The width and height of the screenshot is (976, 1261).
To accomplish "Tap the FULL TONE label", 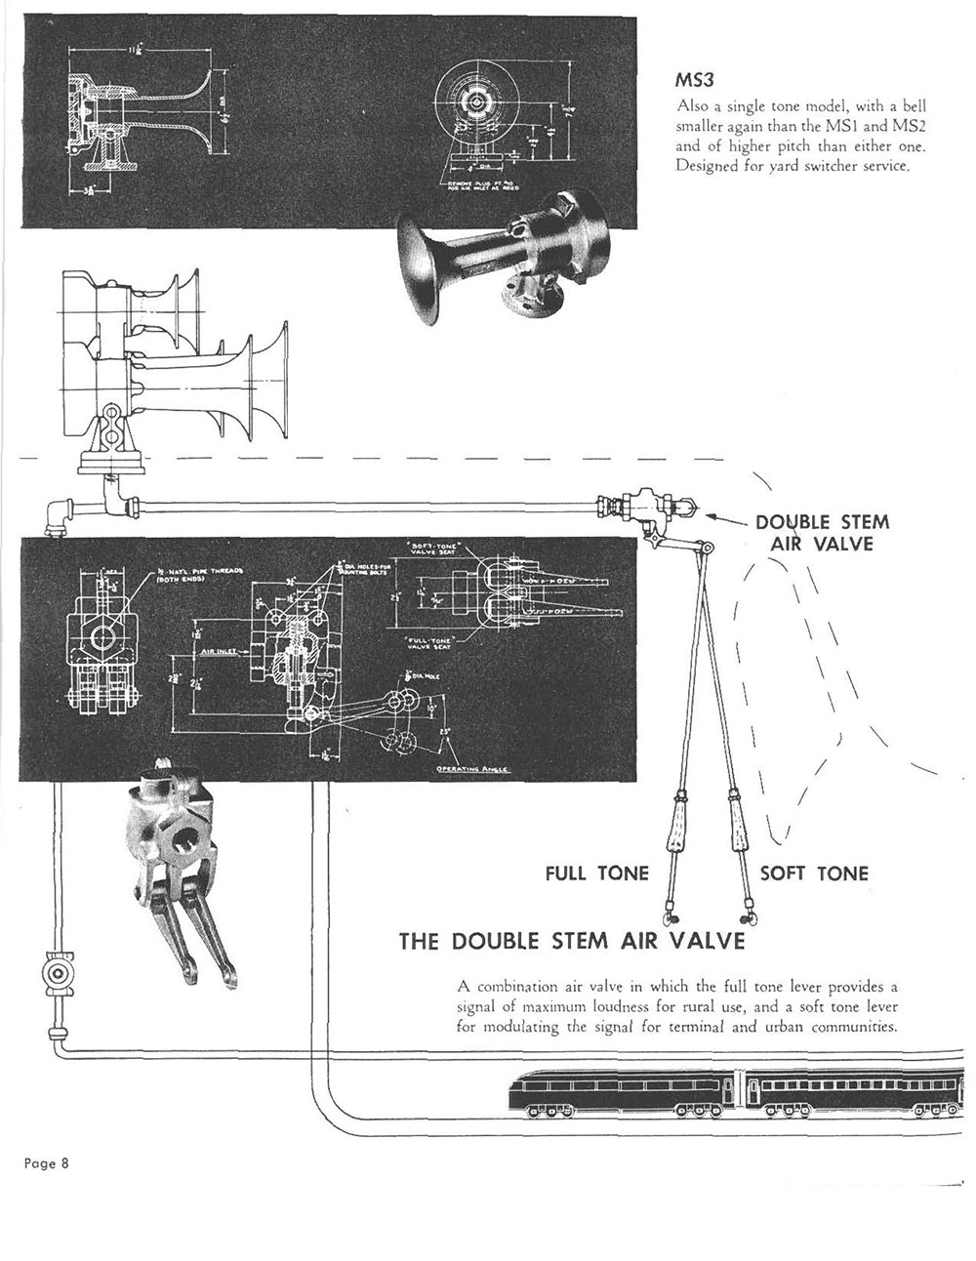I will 596,873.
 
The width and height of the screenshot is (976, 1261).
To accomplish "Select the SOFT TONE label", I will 814,873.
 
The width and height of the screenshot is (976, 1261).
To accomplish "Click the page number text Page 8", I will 46,1162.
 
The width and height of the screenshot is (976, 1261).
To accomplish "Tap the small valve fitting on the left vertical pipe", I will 57,973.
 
